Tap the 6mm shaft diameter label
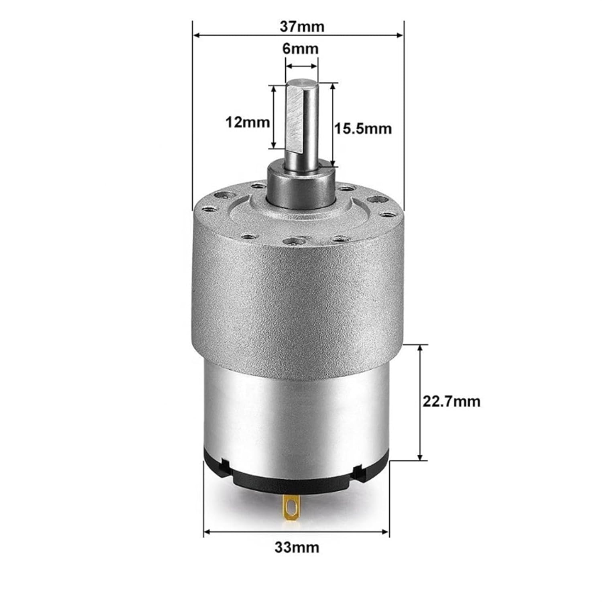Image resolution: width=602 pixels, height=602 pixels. [301, 49]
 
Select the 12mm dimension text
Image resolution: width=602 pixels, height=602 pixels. [247, 122]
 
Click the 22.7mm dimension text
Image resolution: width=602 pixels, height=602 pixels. [451, 401]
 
